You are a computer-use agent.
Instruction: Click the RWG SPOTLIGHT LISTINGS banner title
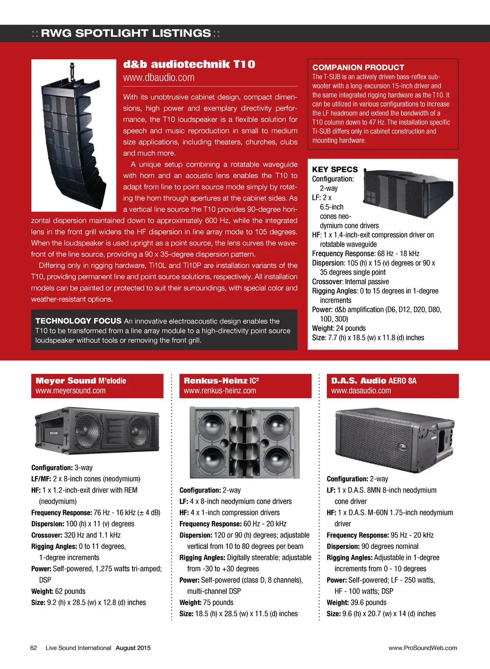click(126, 33)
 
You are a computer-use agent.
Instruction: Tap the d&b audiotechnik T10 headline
click(189, 64)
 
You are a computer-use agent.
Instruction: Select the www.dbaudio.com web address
click(158, 78)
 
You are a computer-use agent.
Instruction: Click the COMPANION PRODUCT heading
click(358, 67)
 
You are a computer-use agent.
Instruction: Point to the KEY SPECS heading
click(335, 169)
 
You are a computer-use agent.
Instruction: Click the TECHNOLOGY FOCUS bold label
click(78, 321)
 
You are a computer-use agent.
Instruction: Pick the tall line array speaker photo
click(74, 135)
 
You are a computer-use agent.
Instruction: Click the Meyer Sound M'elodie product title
click(81, 381)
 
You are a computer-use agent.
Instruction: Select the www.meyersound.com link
click(70, 391)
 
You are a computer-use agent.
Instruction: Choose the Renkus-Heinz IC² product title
click(221, 381)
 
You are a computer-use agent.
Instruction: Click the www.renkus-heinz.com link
click(220, 391)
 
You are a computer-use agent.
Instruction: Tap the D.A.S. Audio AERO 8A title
click(374, 381)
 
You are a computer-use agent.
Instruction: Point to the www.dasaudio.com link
click(361, 391)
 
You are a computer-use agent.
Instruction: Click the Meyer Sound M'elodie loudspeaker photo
click(97, 429)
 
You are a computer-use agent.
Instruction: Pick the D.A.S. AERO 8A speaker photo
click(393, 435)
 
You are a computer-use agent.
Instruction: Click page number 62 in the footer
click(33, 648)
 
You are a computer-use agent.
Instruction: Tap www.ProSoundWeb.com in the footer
click(423, 648)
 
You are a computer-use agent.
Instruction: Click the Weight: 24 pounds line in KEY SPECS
click(339, 328)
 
